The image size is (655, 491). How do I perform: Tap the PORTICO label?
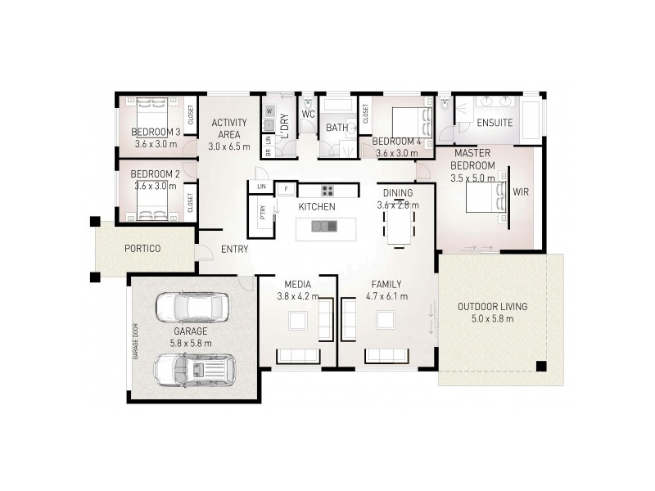(142, 248)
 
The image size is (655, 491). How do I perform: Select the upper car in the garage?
(192, 307)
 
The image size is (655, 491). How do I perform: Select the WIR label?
(521, 192)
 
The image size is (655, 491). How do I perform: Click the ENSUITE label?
(495, 123)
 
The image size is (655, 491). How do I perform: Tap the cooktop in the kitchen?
(327, 190)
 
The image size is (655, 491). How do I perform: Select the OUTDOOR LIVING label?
(492, 307)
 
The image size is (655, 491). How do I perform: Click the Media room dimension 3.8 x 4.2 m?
(296, 296)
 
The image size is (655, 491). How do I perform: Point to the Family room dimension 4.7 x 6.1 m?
(386, 296)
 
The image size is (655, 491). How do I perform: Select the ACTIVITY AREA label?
(228, 128)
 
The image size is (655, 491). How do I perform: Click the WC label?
(308, 115)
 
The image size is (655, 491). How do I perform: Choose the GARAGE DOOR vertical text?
(137, 340)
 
